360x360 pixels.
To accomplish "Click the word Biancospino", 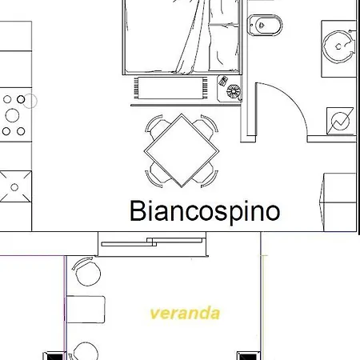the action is point(205,211).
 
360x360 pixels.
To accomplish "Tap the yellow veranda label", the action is point(185,313).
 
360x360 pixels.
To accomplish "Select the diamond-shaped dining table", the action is point(182,150).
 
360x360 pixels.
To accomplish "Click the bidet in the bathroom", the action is point(265,25).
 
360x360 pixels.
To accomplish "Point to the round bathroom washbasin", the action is point(338,46).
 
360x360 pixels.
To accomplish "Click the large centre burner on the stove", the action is point(12,115).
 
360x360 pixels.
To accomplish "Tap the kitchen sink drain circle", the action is point(14,187).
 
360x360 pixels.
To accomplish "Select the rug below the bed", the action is point(170,88).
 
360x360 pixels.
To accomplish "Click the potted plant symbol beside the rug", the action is point(234,91).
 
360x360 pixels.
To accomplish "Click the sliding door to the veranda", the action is point(152,242).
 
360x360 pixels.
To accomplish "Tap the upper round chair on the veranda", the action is point(87,271).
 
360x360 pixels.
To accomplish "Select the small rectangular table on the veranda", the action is point(86,310).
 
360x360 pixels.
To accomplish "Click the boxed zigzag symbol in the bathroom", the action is point(340,122).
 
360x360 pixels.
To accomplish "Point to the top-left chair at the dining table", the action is point(158,126).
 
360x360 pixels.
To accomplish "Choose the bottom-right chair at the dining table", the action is point(206,174).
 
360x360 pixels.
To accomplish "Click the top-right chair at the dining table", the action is point(206,126).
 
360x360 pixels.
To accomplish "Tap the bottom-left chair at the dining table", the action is point(158,174).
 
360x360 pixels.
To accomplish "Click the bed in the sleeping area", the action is point(182,37).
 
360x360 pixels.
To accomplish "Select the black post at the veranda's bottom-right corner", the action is point(249,356).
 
